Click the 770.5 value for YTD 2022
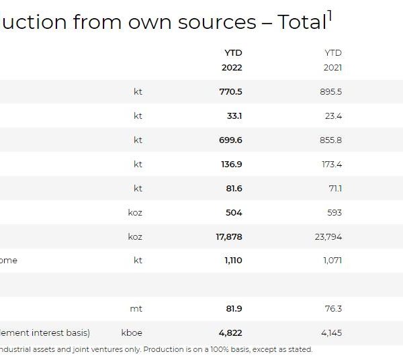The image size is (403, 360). pyautogui.click(x=230, y=91)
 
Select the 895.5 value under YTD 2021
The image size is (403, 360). pyautogui.click(x=330, y=91)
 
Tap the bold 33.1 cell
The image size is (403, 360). pyautogui.click(x=234, y=116)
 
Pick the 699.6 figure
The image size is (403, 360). pyautogui.click(x=230, y=140)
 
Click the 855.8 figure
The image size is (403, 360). pyautogui.click(x=330, y=140)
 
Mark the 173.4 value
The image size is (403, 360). pyautogui.click(x=331, y=164)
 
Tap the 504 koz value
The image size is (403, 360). pyautogui.click(x=234, y=212)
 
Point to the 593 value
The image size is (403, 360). pyautogui.click(x=334, y=212)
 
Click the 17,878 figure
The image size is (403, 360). pyautogui.click(x=228, y=236)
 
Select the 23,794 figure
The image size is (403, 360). pyautogui.click(x=328, y=236)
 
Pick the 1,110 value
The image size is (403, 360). pyautogui.click(x=233, y=260)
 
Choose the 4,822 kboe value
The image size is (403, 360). pyautogui.click(x=230, y=332)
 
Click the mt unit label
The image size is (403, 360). pyautogui.click(x=136, y=308)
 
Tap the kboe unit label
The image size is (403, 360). pyautogui.click(x=132, y=332)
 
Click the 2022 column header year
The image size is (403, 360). pyautogui.click(x=232, y=67)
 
